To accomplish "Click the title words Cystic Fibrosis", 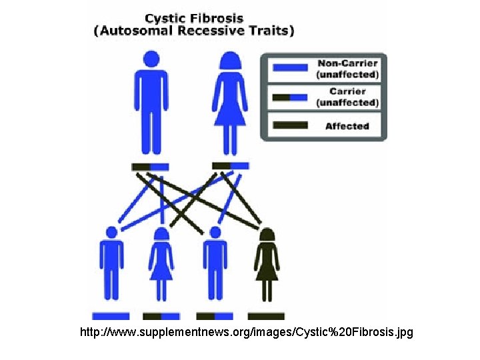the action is tap(194, 17).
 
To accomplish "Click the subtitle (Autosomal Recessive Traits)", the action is tap(194, 31).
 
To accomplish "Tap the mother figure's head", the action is tap(230, 61).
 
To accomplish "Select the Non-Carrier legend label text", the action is tap(348, 69).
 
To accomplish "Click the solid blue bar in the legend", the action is tap(290, 67).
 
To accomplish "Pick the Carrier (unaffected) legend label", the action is tap(348, 97).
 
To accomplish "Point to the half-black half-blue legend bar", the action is tap(290, 97).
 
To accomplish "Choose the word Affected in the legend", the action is tap(347, 125).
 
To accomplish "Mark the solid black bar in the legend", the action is tap(290, 125).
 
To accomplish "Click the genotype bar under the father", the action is tap(151, 167).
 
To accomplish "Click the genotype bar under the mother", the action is tap(230, 165).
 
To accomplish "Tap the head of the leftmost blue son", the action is tap(111, 232).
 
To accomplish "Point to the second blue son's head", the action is tap(215, 232).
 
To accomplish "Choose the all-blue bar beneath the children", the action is tap(111, 316).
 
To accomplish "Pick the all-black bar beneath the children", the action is tap(266, 316).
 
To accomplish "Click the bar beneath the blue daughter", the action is tap(161, 316).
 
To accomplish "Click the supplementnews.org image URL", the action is tap(246, 331).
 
